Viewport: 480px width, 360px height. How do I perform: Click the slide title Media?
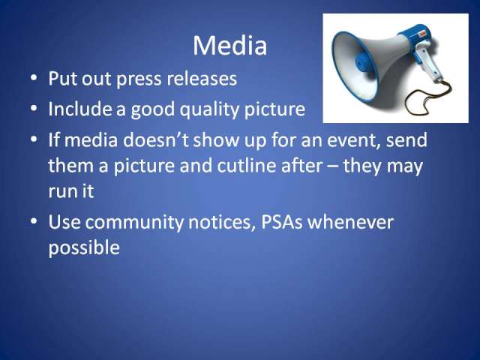coord(229,45)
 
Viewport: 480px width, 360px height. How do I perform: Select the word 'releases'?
coord(202,78)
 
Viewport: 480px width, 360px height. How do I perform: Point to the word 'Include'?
coord(80,108)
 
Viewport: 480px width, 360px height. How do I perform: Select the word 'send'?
coord(406,140)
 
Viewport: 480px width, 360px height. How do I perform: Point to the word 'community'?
coord(134,223)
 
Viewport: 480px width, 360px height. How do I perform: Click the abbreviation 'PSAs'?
coord(282,222)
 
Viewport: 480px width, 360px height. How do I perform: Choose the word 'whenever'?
coord(350,222)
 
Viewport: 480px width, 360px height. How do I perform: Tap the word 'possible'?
coord(84,248)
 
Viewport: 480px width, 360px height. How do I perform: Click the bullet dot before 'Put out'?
coord(34,78)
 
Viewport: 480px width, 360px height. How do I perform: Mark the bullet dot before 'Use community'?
coord(34,221)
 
